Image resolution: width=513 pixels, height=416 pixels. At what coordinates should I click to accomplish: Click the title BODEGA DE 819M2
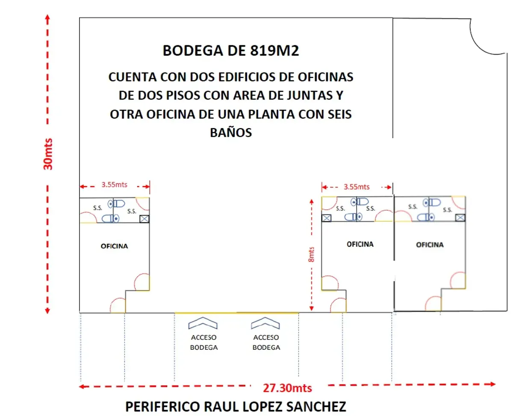pyautogui.click(x=230, y=50)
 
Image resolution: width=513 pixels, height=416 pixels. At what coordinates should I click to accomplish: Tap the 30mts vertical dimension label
pyautogui.click(x=48, y=154)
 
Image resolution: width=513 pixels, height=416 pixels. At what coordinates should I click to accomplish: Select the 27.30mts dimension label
pyautogui.click(x=287, y=388)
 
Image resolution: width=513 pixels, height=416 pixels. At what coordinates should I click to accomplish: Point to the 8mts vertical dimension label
pyautogui.click(x=311, y=254)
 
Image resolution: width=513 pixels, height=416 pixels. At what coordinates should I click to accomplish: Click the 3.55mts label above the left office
pyautogui.click(x=114, y=185)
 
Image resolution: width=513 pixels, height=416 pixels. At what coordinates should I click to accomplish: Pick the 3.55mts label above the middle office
pyautogui.click(x=356, y=187)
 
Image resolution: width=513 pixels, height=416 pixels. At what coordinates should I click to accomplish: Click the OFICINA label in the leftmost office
pyautogui.click(x=114, y=246)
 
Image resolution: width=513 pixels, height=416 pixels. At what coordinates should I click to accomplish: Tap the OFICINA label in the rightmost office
pyautogui.click(x=430, y=244)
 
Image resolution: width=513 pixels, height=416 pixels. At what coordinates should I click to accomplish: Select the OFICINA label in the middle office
pyautogui.click(x=360, y=244)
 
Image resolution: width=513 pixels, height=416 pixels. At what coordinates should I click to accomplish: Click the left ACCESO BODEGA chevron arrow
pyautogui.click(x=203, y=323)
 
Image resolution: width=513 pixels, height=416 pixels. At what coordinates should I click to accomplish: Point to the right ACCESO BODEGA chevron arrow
pyautogui.click(x=265, y=323)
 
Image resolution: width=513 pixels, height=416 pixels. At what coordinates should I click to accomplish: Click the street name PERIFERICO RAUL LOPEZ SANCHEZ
pyautogui.click(x=236, y=407)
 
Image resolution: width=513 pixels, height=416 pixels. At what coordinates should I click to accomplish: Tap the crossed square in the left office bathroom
pyautogui.click(x=144, y=219)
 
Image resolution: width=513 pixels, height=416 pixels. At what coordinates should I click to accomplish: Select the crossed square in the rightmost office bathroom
pyautogui.click(x=460, y=217)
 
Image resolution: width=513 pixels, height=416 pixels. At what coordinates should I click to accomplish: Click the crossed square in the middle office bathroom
pyautogui.click(x=326, y=218)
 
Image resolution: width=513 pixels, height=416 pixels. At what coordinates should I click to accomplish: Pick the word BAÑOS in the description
pyautogui.click(x=231, y=132)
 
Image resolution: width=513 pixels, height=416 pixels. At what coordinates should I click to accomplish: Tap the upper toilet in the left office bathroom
pyautogui.click(x=116, y=204)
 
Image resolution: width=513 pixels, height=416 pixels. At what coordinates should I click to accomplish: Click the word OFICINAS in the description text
pyautogui.click(x=325, y=77)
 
